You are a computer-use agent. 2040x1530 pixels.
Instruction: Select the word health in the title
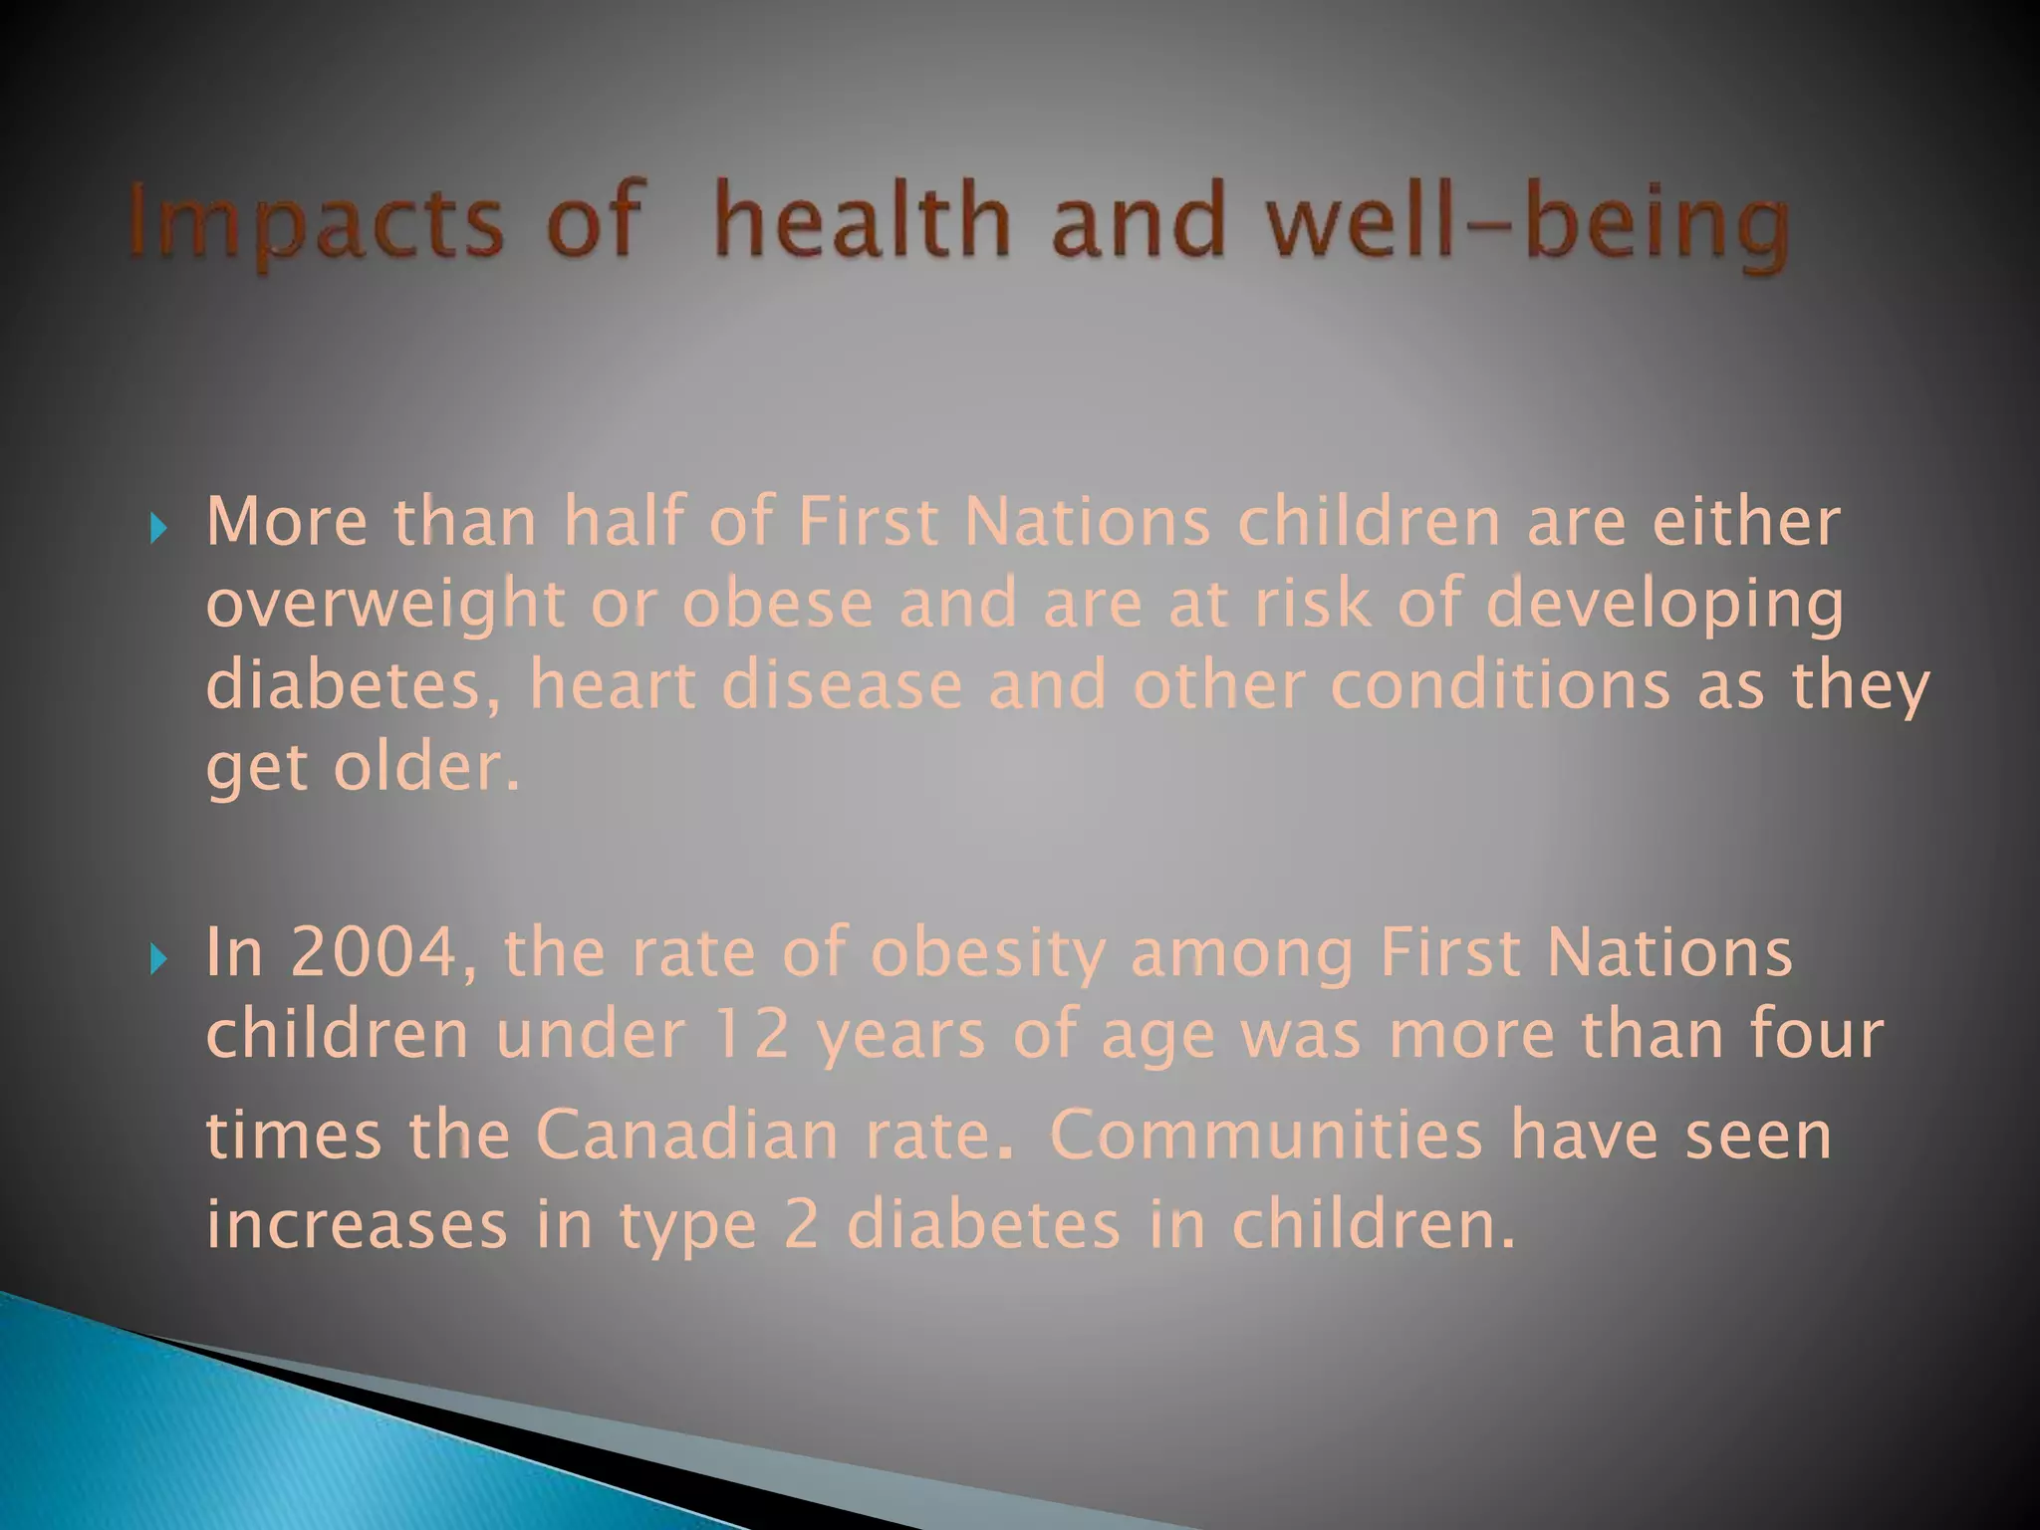click(x=862, y=221)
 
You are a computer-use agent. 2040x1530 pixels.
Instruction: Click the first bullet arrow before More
click(x=157, y=527)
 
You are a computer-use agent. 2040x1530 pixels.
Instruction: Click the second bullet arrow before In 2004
click(x=157, y=958)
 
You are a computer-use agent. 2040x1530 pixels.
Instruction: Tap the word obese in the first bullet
click(x=777, y=605)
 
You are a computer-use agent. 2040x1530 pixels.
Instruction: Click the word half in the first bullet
click(x=625, y=522)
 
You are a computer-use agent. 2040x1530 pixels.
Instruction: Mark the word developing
click(x=1663, y=605)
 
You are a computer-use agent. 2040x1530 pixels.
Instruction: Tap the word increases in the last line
click(x=357, y=1225)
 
